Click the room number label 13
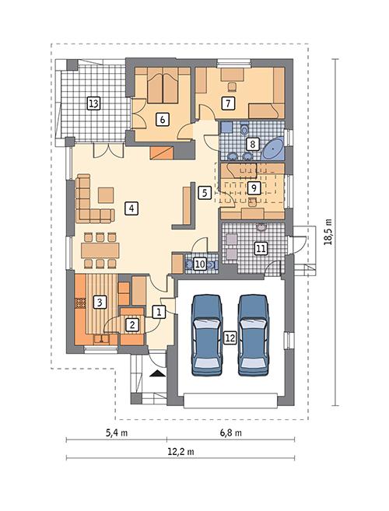pos(93,103)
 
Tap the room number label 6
pos(162,119)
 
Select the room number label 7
pos(228,103)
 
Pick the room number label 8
pos(252,144)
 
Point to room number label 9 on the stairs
pos(252,187)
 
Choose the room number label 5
pos(204,191)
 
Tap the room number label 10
pos(199,264)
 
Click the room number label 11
pos(261,249)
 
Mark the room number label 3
pos(100,302)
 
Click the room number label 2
pos(131,324)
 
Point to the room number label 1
pos(159,312)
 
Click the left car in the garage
pos(205,333)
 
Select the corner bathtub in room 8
pos(273,149)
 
